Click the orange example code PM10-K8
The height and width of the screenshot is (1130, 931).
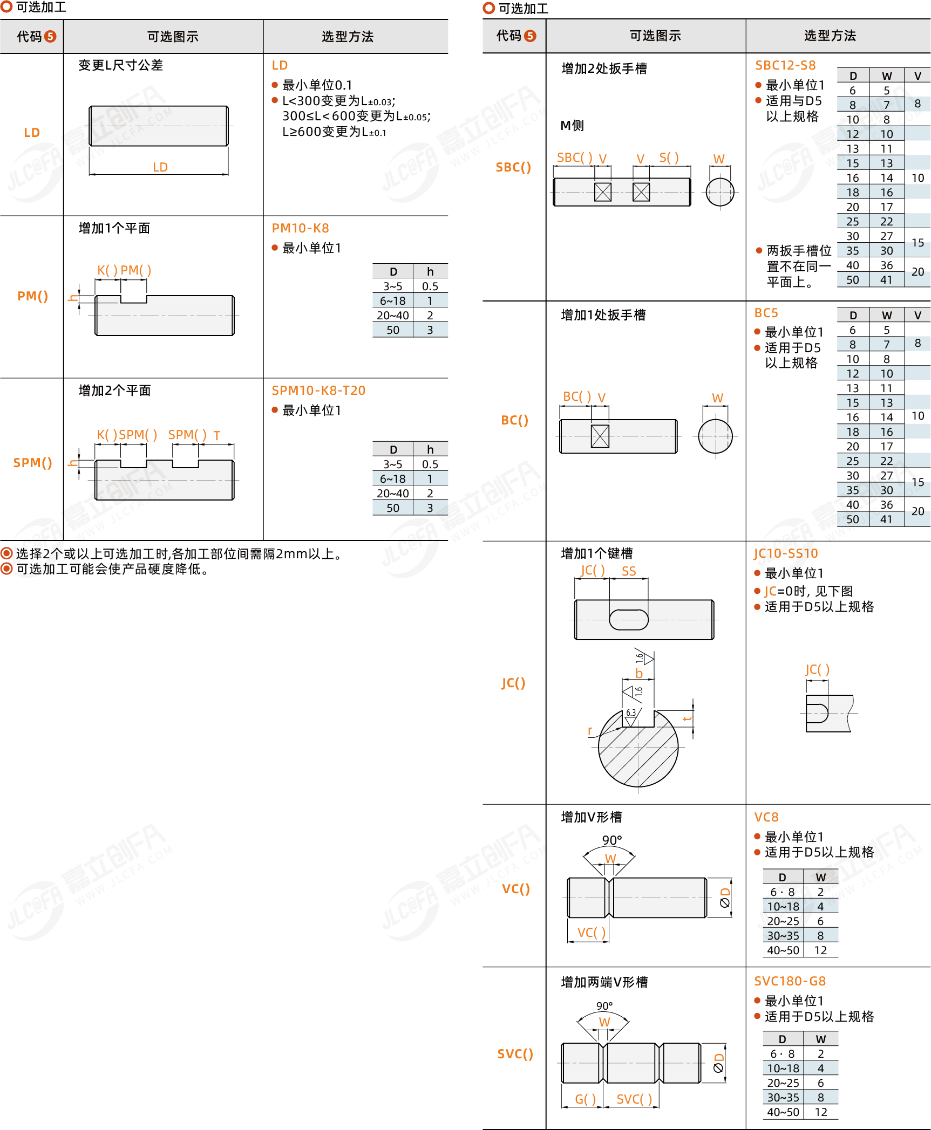coord(300,228)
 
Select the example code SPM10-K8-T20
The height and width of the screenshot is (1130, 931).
coord(318,391)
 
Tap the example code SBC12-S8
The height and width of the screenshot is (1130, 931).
coord(785,65)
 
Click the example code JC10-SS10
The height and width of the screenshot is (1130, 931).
coord(786,553)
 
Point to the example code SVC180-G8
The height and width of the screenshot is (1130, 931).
coord(790,981)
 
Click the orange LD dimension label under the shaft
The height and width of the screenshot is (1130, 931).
coord(160,167)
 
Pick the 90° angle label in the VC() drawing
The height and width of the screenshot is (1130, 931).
coord(612,840)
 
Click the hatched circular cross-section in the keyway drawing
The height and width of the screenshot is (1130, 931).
coord(638,748)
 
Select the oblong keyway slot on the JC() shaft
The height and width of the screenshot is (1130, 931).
coord(629,620)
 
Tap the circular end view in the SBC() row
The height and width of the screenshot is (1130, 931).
coord(720,192)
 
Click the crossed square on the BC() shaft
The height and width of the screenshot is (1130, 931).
coord(600,436)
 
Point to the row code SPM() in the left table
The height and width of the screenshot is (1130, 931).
coord(33,463)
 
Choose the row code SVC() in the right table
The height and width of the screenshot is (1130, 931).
coord(515,1054)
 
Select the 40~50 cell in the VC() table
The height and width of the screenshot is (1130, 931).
coord(783,950)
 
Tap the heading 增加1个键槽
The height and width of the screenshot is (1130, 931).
coord(597,553)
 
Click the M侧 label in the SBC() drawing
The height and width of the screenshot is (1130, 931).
coord(572,126)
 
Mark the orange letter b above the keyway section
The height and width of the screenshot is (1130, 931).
coord(639,673)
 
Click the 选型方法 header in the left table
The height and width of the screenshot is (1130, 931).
coord(348,37)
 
